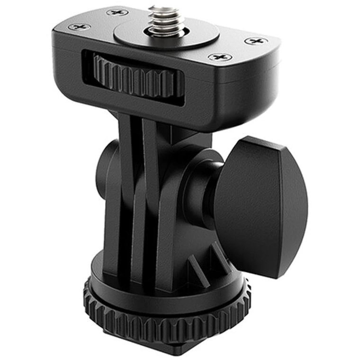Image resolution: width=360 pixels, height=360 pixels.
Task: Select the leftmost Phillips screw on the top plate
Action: click(77, 27)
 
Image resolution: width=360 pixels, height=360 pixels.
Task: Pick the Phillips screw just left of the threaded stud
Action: click(115, 12)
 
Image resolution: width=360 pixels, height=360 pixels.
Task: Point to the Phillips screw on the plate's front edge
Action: click(220, 57)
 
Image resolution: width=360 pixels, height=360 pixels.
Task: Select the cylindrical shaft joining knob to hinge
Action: click(201, 185)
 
